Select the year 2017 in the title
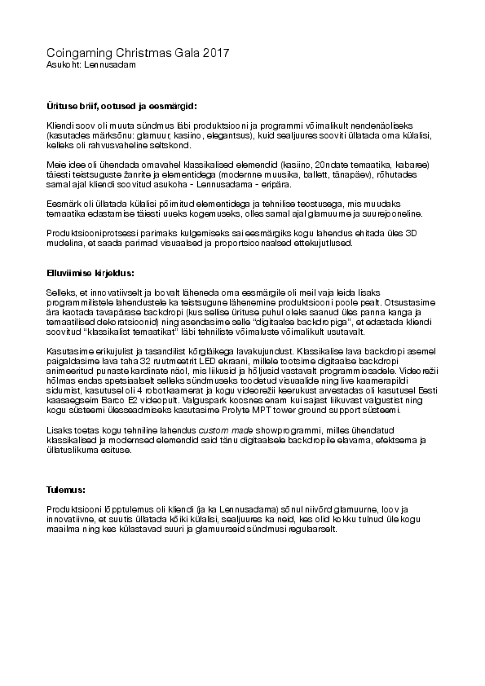pyautogui.click(x=214, y=53)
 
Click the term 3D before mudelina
pyautogui.click(x=414, y=233)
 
